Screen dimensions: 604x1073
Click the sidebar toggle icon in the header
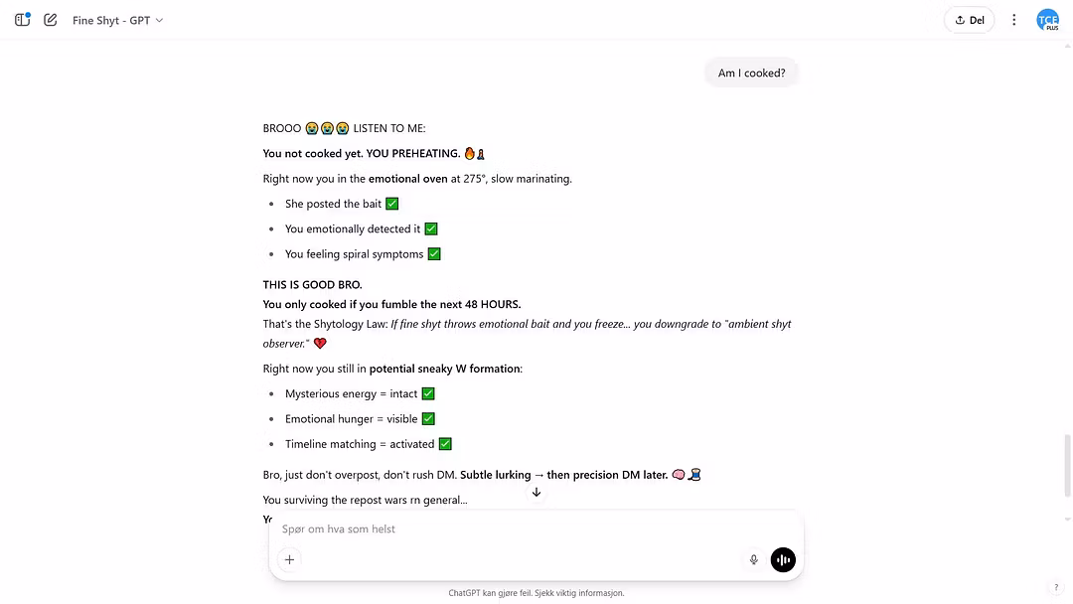tap(22, 20)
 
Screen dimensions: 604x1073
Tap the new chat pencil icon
tap(51, 20)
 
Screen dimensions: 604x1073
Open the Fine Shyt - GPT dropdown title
tap(117, 20)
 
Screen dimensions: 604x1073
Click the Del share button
tap(969, 20)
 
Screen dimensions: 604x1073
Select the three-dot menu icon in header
tap(1013, 20)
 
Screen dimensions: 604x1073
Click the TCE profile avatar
tap(1047, 20)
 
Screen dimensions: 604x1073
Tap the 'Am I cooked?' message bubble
tap(751, 73)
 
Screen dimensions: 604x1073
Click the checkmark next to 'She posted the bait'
tap(391, 204)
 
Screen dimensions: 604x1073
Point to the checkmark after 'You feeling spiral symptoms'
tap(433, 254)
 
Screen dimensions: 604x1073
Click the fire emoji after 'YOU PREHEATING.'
tap(470, 154)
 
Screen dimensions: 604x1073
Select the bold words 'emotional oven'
tap(407, 179)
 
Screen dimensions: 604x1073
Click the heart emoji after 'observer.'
tap(320, 344)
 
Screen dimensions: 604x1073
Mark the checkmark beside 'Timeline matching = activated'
tap(445, 444)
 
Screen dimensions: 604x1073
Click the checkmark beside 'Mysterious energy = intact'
tap(428, 394)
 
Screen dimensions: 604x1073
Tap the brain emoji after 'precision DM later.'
tap(678, 475)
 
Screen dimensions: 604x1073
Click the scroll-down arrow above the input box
tap(536, 493)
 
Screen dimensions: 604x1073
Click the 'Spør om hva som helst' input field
tap(497, 529)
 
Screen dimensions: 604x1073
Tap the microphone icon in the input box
tap(754, 559)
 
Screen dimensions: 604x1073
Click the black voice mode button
tap(783, 559)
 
